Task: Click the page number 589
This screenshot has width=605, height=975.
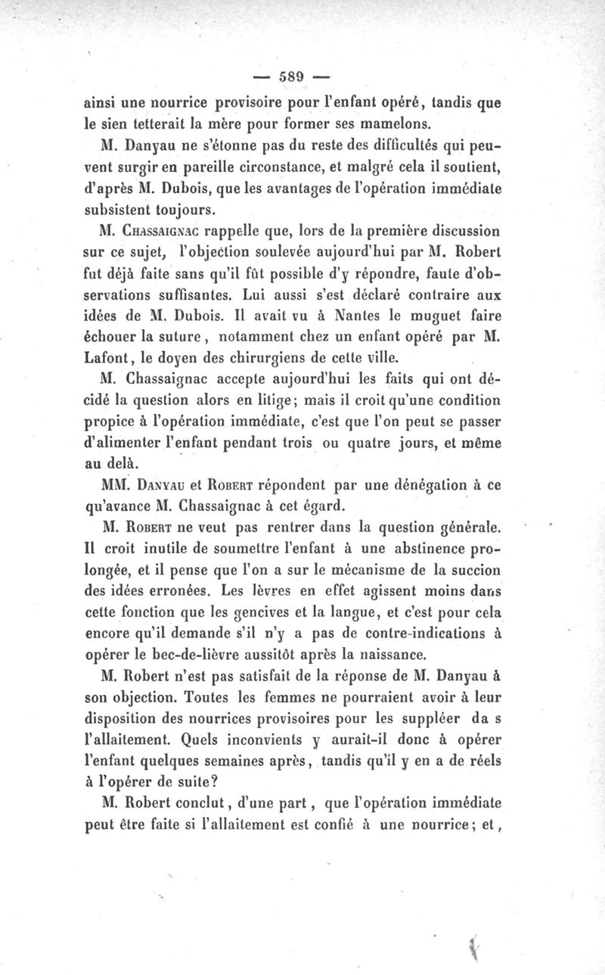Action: click(x=291, y=75)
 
